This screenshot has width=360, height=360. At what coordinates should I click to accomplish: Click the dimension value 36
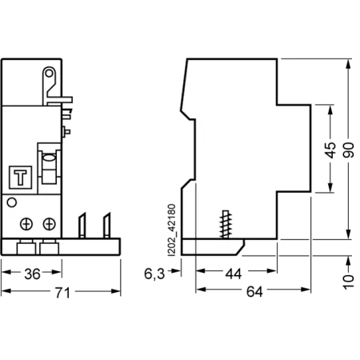point(32,274)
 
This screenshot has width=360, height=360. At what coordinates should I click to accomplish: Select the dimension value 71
point(62,293)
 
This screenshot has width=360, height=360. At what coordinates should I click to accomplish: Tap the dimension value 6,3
point(154,274)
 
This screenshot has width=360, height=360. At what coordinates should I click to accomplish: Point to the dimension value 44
point(234,274)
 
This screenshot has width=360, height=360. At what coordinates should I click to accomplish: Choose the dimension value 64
point(254,292)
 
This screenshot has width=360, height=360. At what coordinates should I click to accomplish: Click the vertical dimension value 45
point(330,150)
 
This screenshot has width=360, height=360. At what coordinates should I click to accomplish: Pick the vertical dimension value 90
point(349,150)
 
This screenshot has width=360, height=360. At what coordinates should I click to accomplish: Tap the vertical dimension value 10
point(349,282)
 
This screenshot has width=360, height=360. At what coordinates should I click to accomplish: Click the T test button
point(21,178)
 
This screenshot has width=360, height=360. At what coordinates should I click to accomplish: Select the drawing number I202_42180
point(172,230)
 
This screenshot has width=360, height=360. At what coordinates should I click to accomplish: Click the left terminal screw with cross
point(26,224)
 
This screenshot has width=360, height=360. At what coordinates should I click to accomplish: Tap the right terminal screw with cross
point(50,224)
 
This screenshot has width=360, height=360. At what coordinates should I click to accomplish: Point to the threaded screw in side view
point(226,224)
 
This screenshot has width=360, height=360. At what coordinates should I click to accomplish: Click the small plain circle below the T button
point(12,202)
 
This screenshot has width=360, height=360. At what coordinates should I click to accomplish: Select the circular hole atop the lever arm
point(49,73)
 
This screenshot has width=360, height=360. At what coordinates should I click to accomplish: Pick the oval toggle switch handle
point(49,158)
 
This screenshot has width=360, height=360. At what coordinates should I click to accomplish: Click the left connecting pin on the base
point(82,226)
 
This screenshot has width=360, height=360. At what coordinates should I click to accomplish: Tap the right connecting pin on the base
point(107,226)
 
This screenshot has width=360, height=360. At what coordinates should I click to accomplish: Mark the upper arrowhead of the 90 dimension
point(348,65)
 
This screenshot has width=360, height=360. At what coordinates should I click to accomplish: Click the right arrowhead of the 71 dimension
point(116,291)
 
